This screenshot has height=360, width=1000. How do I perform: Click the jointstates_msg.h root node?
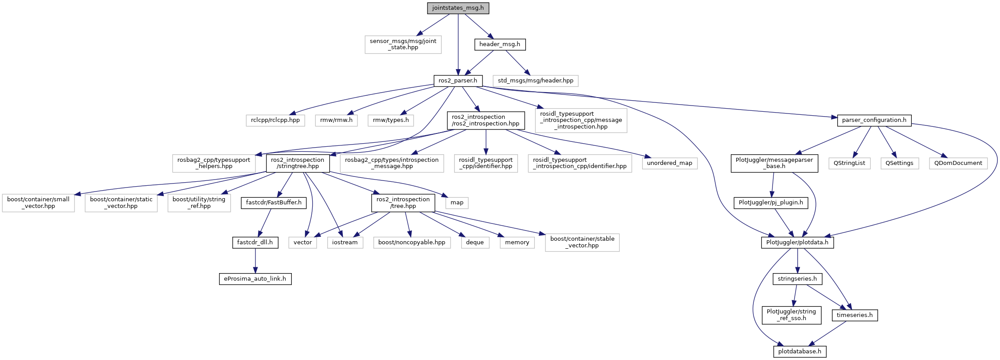[458, 8]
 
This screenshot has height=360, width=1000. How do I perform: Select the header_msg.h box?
[500, 44]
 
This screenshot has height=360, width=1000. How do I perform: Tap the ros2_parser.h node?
[458, 81]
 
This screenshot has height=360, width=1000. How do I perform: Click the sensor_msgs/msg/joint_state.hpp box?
[403, 44]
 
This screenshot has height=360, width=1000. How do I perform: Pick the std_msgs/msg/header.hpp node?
[536, 81]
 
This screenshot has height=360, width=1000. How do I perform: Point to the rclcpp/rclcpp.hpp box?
[275, 120]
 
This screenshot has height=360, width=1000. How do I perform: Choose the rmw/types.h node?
[391, 120]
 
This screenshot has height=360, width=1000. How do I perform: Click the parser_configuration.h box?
[875, 120]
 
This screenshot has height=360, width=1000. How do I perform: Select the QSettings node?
[899, 163]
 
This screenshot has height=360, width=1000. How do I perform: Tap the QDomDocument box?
[958, 163]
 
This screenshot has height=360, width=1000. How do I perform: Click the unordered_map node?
[670, 163]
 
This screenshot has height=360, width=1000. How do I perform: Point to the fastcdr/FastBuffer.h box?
[274, 203]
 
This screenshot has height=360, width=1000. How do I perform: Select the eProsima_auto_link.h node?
[255, 279]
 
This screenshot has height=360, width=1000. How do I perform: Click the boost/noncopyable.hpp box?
[412, 243]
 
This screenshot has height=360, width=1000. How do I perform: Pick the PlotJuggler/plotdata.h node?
[797, 243]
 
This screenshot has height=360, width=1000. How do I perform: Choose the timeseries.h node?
[855, 315]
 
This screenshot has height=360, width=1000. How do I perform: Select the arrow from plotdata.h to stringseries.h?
[797, 261]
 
